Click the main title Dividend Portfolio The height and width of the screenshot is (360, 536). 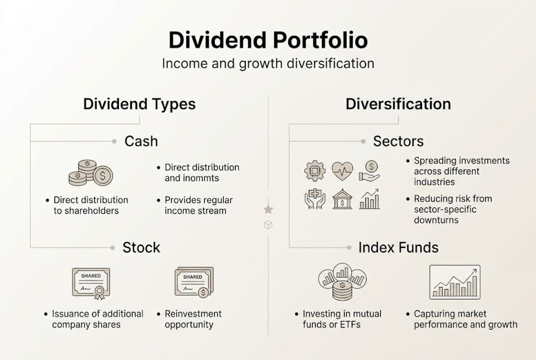(268, 40)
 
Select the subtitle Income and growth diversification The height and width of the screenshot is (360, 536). (268, 63)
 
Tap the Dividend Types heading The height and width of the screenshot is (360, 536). (139, 104)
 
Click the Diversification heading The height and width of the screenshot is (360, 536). (398, 104)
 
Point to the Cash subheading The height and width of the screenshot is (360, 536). (141, 141)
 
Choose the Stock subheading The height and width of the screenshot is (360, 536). (141, 247)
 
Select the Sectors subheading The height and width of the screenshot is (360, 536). (398, 141)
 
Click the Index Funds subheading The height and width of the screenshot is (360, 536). (398, 247)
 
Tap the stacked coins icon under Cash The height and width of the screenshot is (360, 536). (90, 173)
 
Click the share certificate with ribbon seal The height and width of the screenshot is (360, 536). (91, 283)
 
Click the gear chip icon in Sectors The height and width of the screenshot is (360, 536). (315, 171)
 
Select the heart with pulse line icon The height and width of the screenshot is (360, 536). (342, 170)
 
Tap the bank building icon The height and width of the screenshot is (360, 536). (342, 198)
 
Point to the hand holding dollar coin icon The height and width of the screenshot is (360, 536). (369, 170)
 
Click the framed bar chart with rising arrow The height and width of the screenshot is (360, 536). (455, 282)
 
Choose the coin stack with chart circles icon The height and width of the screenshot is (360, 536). (342, 281)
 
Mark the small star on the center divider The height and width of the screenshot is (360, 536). (268, 209)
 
